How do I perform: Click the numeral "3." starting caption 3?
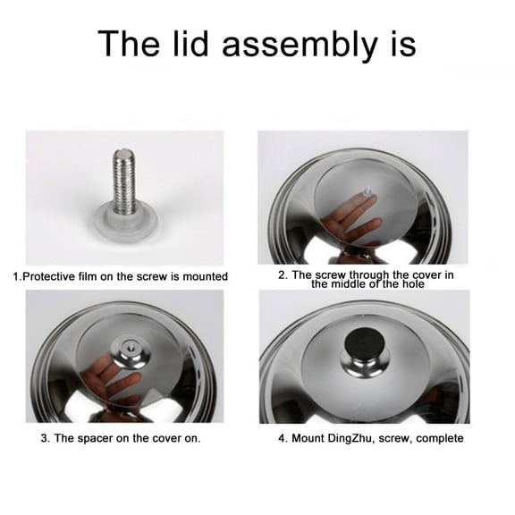coord(45,438)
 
